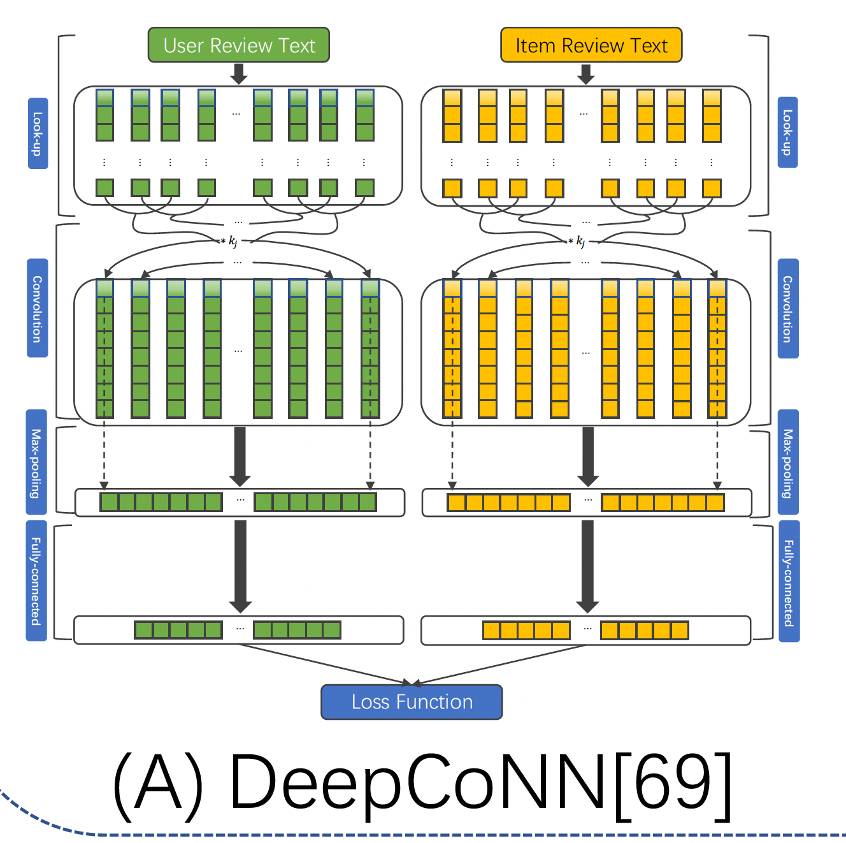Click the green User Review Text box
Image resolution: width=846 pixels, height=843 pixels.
pos(239,45)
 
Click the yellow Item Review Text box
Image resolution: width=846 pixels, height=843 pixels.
pos(591,45)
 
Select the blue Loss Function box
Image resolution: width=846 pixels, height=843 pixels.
pos(412,702)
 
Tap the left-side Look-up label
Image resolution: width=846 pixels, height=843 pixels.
pos(38,133)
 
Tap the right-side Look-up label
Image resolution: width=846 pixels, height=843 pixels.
pos(788,133)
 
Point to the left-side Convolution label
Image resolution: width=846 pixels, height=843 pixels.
pos(38,308)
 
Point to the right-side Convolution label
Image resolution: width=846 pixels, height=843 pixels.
pos(788,309)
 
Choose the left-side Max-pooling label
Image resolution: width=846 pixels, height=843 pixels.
pos(36,462)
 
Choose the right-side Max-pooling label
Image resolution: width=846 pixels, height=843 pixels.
pos(788,462)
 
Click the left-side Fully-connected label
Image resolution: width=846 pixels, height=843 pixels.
pos(36,580)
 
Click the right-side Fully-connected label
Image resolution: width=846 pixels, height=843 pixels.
pos(789,582)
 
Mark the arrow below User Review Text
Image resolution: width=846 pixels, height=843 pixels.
pos(239,74)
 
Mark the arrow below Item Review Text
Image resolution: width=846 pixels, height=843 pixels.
pos(586,74)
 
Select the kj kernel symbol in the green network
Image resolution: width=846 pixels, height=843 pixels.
pos(232,241)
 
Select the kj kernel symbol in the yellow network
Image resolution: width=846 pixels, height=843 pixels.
pos(579,241)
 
